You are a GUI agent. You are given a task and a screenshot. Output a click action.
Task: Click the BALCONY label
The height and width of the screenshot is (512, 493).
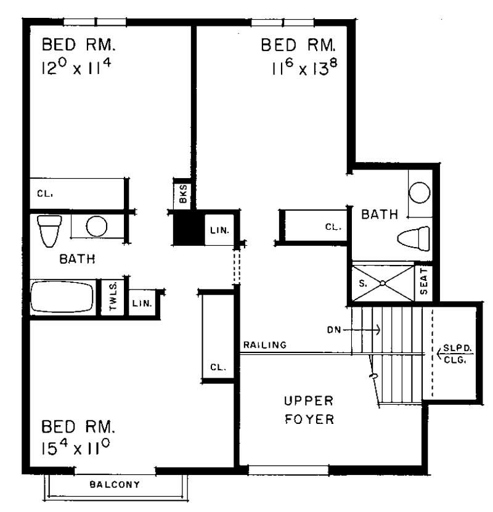coord(115,484)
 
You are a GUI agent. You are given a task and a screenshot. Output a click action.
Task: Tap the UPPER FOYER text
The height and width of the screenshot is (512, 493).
coord(309,410)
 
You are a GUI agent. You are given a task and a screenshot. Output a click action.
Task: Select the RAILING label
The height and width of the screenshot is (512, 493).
coord(264,345)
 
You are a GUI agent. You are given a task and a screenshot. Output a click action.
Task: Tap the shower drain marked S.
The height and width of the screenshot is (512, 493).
coord(382,283)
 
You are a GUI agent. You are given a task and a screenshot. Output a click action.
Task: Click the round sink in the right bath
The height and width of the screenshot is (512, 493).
coord(420,192)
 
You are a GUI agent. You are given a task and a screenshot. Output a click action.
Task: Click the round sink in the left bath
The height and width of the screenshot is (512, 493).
coord(96,226)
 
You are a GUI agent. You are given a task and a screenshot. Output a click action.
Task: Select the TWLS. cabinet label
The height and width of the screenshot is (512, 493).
coord(114,298)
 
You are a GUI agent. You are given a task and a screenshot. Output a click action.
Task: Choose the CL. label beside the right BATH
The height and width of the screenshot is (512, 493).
coord(333,227)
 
